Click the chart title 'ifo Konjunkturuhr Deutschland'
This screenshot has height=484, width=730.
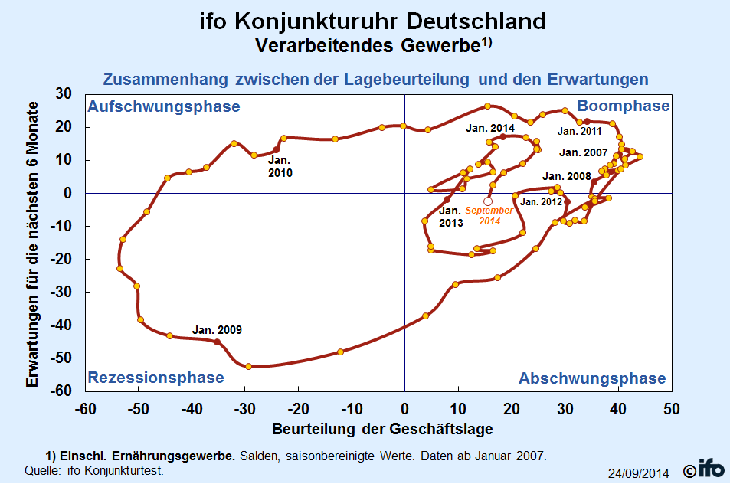(373, 21)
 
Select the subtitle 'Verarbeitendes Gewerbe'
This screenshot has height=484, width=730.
(368, 45)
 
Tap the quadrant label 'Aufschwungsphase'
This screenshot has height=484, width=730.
(164, 106)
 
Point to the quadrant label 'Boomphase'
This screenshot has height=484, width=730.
(623, 106)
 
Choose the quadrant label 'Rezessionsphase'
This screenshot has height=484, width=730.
(155, 378)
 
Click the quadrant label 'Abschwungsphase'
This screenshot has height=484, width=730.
(592, 378)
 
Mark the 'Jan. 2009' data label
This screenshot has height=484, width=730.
(217, 330)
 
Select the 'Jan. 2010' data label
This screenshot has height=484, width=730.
(280, 167)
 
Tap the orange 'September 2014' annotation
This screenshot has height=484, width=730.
(489, 215)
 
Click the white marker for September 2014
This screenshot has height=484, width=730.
(488, 201)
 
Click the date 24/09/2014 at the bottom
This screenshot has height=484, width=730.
(639, 473)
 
